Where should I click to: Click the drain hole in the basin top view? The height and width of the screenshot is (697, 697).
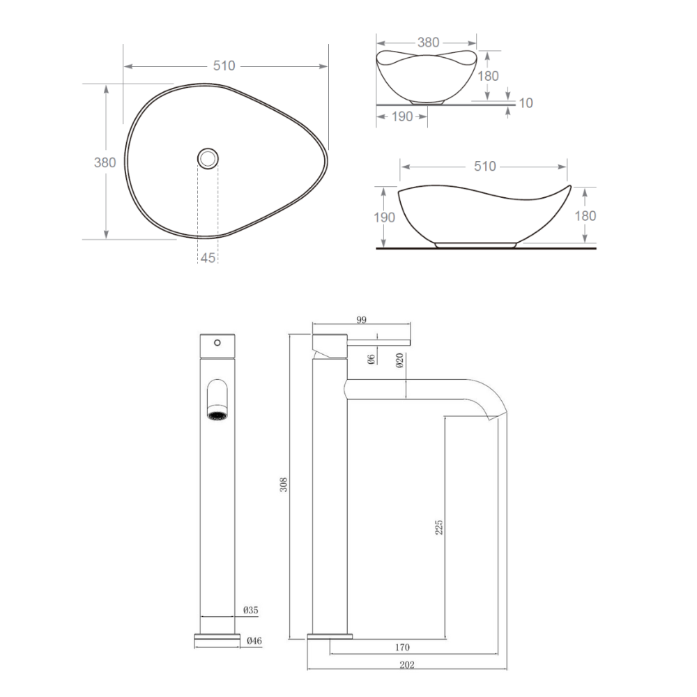point(208,158)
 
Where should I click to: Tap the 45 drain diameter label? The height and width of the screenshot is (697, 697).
point(208,258)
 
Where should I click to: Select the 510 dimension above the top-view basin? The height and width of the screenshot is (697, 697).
point(224,66)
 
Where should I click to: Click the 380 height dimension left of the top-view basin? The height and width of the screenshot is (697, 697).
point(105,162)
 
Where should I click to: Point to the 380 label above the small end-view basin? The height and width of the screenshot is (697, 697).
point(428,43)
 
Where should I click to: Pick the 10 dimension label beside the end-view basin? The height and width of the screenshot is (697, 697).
point(526,103)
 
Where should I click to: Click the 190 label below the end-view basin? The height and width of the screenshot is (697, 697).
point(402,116)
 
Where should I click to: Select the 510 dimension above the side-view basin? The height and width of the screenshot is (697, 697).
point(484,167)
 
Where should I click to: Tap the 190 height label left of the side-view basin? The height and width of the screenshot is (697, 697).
point(384,217)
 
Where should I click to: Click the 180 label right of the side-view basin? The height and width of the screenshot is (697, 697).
point(585,216)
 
